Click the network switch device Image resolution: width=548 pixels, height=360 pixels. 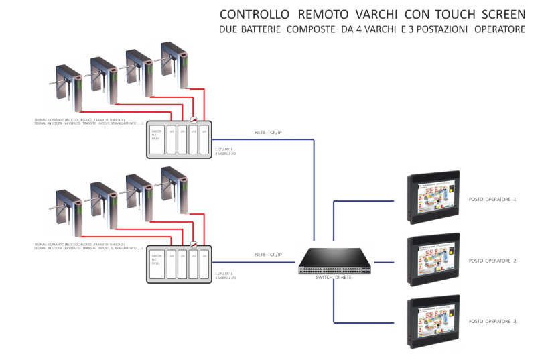point(333,261)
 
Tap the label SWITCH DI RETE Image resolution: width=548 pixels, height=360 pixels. point(333,277)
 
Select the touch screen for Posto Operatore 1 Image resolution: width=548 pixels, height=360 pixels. point(433,198)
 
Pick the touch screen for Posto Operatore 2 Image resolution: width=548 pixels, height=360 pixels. point(433,260)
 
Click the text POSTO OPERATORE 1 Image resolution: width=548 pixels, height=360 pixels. point(492,200)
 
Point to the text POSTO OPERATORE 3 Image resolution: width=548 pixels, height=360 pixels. point(492,322)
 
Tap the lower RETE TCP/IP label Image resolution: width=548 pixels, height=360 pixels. point(269,255)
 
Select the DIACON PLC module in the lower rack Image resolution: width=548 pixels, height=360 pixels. point(157,264)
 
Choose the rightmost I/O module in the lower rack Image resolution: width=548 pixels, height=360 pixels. point(204,264)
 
